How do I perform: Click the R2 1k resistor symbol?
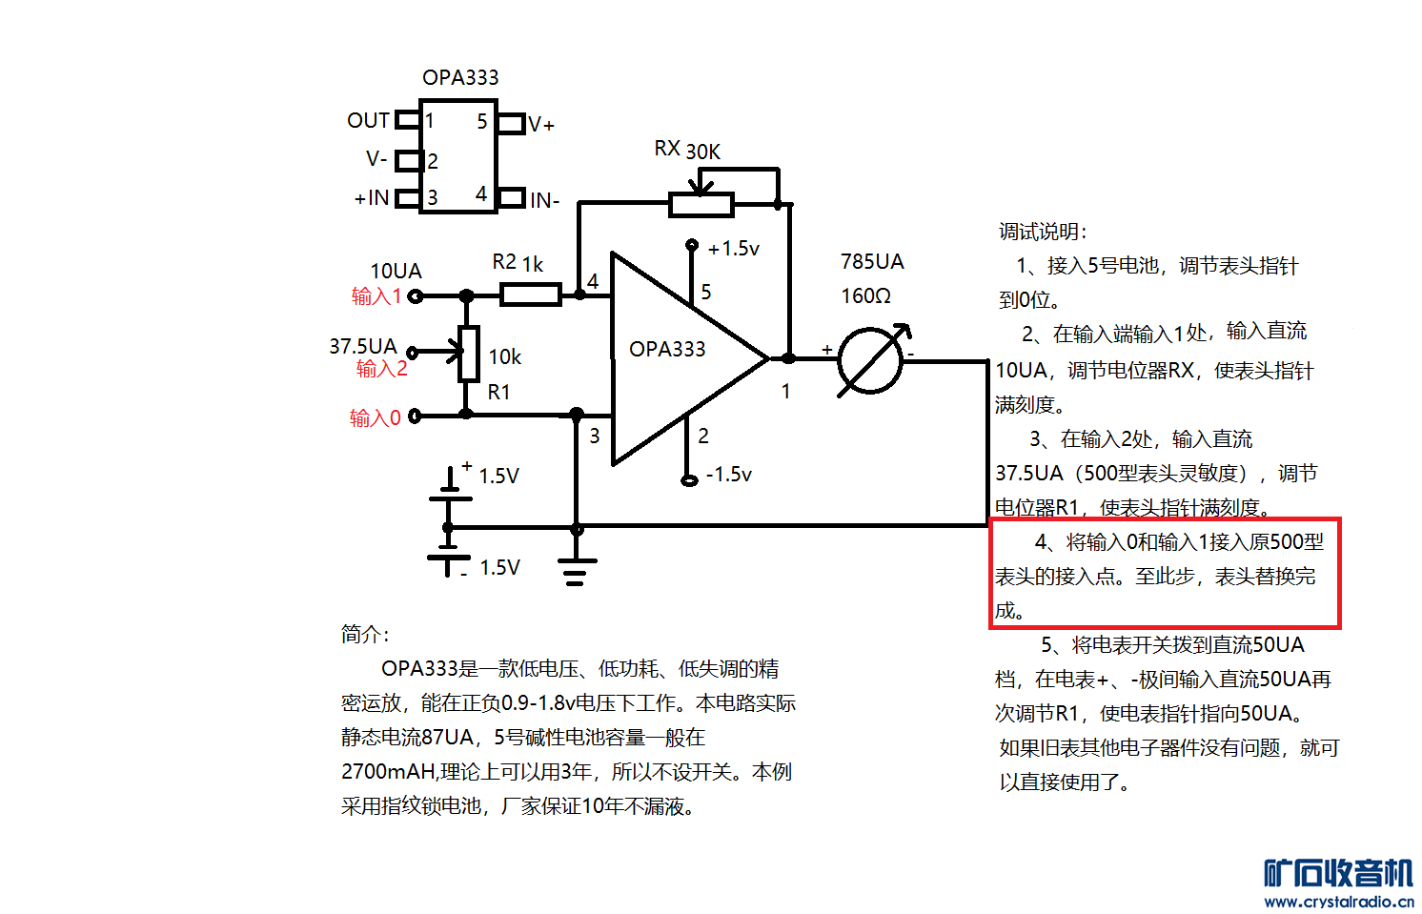[x=530, y=295]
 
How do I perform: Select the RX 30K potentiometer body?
[x=701, y=203]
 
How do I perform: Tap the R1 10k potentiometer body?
[x=468, y=354]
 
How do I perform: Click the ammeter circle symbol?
[x=870, y=360]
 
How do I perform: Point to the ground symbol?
[x=575, y=571]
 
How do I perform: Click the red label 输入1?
[x=376, y=296]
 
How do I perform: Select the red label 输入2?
[x=381, y=369]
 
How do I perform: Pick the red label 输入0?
[x=375, y=417]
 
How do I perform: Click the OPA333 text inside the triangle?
[x=667, y=349]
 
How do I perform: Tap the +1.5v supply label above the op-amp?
[x=733, y=249]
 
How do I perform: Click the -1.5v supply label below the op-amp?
[x=728, y=475]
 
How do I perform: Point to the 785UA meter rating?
[x=872, y=262]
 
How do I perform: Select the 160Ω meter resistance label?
[x=865, y=296]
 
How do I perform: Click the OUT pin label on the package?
[x=368, y=121]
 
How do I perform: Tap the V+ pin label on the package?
[x=541, y=125]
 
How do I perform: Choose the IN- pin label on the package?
[x=545, y=201]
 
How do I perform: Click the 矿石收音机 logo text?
[x=1338, y=873]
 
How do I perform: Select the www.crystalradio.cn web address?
[x=1338, y=902]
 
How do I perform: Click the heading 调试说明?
[x=1043, y=232]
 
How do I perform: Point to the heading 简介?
[x=365, y=634]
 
